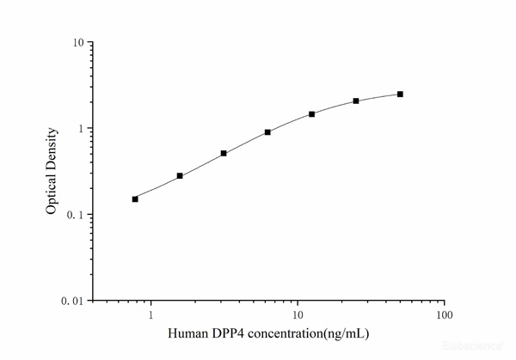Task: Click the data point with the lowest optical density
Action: click(135, 198)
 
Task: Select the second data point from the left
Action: click(180, 175)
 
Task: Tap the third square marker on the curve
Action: click(224, 153)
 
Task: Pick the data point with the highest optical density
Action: click(400, 94)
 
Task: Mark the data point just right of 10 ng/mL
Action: click(311, 113)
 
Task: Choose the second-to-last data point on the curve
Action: click(356, 101)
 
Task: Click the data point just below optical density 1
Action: click(267, 131)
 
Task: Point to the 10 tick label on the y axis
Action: click(77, 43)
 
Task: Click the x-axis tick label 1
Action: click(151, 314)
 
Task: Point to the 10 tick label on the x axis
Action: click(298, 314)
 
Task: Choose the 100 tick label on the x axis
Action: click(444, 314)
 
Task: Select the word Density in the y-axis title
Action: click(52, 149)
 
